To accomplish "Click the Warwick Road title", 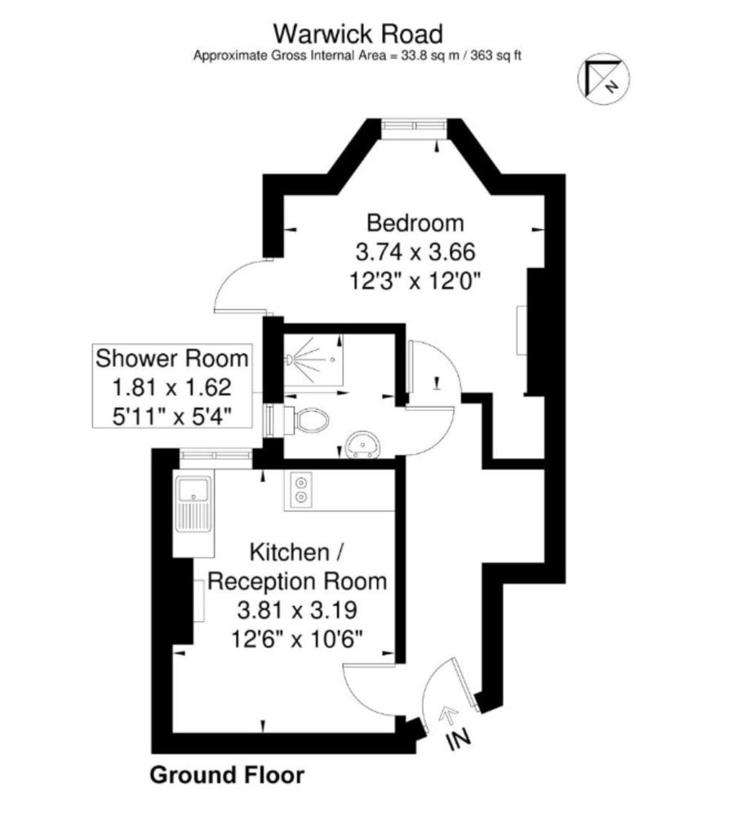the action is pos(357,34).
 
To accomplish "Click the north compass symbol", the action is pos(604,79).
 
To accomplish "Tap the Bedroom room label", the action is pos(415,223).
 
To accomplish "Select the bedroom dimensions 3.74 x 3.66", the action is pos(415,251).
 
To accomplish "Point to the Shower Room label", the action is pos(172,358).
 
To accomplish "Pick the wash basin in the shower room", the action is pos(363,444).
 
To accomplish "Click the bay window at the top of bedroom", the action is pos(415,125).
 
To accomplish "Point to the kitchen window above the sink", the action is pos(215,456).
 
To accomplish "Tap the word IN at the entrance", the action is pos(459,739).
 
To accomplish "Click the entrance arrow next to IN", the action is pos(450,714).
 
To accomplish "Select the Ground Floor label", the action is pos(227,775).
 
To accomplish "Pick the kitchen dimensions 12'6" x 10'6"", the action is pos(297,638).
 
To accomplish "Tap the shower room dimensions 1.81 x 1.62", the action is pos(171,387).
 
